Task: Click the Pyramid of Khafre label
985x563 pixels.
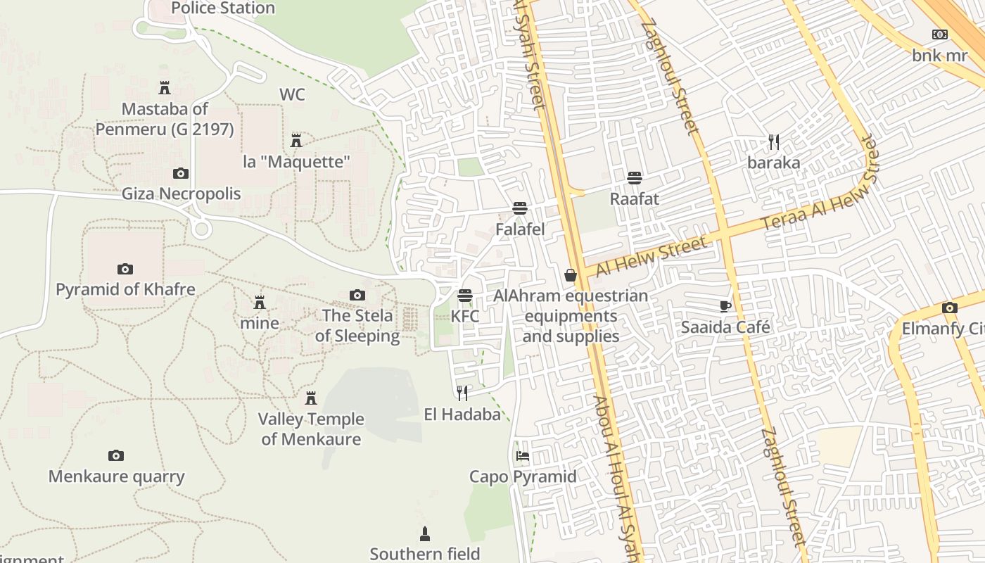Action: pyautogui.click(x=125, y=289)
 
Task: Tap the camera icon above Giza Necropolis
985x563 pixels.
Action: pyautogui.click(x=181, y=173)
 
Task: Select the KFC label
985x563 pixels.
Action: pyautogui.click(x=464, y=316)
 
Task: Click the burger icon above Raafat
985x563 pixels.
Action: pyautogui.click(x=635, y=178)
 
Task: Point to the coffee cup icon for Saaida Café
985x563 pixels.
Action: pyautogui.click(x=725, y=306)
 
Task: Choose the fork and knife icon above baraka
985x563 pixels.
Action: pyautogui.click(x=774, y=142)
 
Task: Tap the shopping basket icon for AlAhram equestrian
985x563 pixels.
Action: pyautogui.click(x=571, y=275)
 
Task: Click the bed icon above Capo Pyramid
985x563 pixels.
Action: pyautogui.click(x=522, y=456)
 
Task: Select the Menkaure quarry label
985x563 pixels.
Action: pyautogui.click(x=116, y=476)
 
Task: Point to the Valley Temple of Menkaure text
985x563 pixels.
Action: pyautogui.click(x=311, y=429)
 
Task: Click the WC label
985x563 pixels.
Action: pyautogui.click(x=292, y=94)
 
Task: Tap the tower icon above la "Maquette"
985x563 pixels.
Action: pyautogui.click(x=296, y=141)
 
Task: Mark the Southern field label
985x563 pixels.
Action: pyautogui.click(x=425, y=554)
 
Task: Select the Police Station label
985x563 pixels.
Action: pyautogui.click(x=223, y=8)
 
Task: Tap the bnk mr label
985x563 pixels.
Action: pyautogui.click(x=940, y=55)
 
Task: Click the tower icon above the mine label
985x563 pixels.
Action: pyautogui.click(x=260, y=303)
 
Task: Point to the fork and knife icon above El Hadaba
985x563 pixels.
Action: pyautogui.click(x=462, y=393)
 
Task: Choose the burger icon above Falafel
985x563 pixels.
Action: pyautogui.click(x=520, y=208)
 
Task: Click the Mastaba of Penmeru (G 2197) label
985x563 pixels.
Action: pyautogui.click(x=165, y=119)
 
